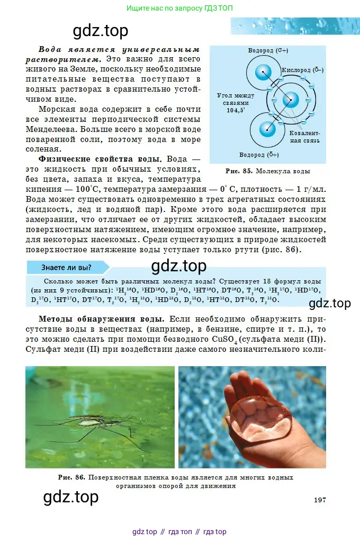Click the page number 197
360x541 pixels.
[319, 500]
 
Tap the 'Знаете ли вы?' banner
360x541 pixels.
[66, 267]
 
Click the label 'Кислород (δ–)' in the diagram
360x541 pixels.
[303, 69]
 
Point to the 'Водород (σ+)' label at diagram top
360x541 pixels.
[268, 51]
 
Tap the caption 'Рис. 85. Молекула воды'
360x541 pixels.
[268, 171]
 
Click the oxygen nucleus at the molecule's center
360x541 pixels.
[290, 100]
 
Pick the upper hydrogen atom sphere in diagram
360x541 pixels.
[263, 73]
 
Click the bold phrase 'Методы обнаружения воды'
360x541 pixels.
[101, 320]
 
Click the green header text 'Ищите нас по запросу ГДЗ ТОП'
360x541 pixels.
[179, 8]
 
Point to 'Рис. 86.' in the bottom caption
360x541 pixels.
[72, 477]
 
